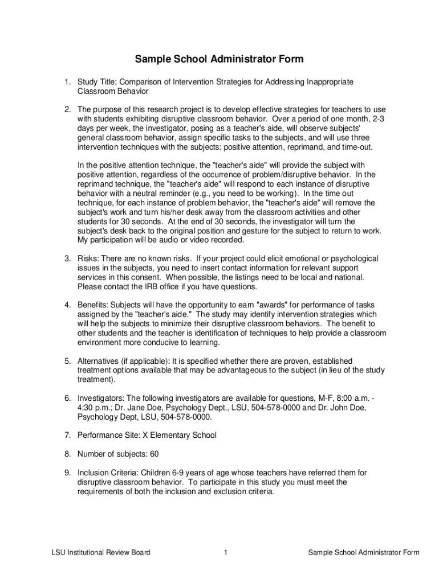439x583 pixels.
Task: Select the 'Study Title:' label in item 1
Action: tap(96, 82)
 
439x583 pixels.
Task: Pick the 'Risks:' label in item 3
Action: tap(88, 258)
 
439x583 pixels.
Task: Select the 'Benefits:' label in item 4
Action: tap(93, 305)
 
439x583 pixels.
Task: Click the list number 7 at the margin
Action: tap(67, 436)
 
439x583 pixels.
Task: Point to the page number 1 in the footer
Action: tap(226, 552)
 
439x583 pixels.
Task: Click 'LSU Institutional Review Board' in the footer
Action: tap(100, 552)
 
